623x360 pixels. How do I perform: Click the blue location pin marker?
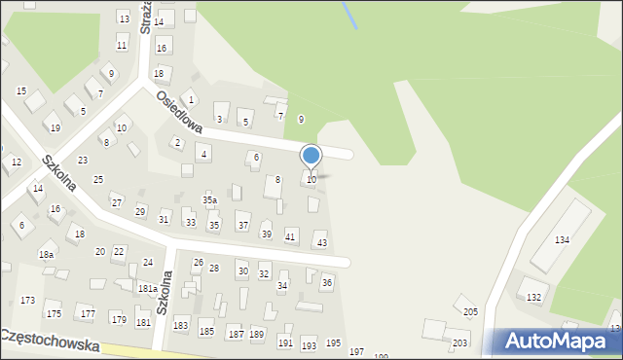(311, 157)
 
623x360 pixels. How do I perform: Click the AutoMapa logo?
(559, 341)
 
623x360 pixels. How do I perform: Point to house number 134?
(562, 239)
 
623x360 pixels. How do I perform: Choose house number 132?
(533, 297)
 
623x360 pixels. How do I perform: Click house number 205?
(470, 311)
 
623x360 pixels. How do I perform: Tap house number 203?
(459, 343)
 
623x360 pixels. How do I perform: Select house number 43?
(322, 242)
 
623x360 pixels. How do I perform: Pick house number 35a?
(209, 199)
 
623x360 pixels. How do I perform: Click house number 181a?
(147, 289)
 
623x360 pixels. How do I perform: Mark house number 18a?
(46, 254)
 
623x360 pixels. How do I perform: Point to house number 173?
(27, 301)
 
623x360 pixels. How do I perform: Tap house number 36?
(327, 282)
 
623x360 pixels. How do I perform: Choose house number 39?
(266, 234)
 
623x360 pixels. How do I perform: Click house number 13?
(124, 19)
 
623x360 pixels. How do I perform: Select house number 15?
(21, 90)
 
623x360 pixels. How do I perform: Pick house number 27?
(117, 202)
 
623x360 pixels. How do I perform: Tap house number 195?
(333, 343)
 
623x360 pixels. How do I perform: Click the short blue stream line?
(348, 14)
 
